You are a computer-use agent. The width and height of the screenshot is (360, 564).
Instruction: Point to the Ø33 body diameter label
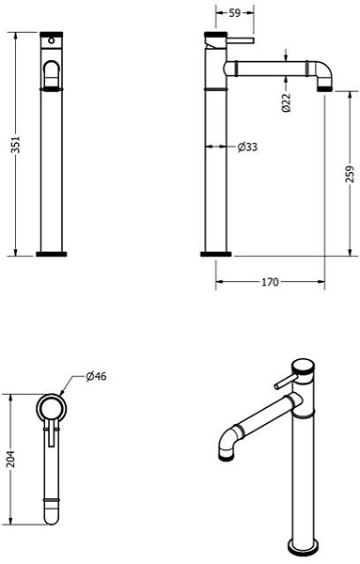(247, 147)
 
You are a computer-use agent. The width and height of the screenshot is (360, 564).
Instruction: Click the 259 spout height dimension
(349, 175)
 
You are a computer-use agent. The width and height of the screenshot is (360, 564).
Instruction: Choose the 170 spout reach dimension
(270, 280)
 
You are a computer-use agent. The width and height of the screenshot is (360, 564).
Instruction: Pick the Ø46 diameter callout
(94, 377)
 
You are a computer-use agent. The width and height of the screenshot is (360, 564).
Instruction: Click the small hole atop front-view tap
(53, 43)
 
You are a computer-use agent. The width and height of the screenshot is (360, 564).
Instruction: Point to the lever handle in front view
(53, 71)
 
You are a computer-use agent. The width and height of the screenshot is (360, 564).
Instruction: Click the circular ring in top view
(53, 406)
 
